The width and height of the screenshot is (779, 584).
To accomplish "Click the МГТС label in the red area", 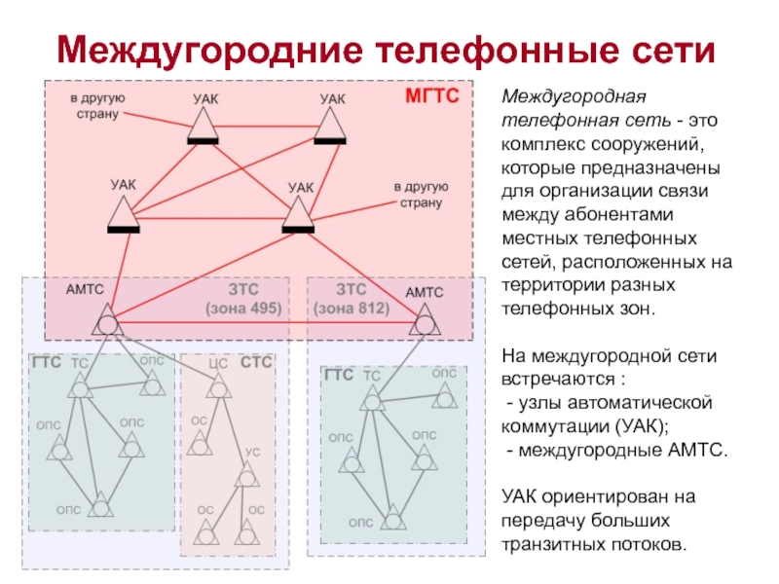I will [431, 98].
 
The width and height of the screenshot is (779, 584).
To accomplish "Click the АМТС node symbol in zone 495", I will [108, 322].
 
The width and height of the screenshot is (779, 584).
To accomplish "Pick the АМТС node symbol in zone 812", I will [426, 321].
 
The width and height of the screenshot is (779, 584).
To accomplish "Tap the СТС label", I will [257, 363].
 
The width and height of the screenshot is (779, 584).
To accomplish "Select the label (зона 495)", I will [242, 308].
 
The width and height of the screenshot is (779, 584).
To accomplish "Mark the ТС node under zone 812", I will [370, 397].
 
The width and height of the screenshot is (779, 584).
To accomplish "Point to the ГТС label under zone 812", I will [338, 375].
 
